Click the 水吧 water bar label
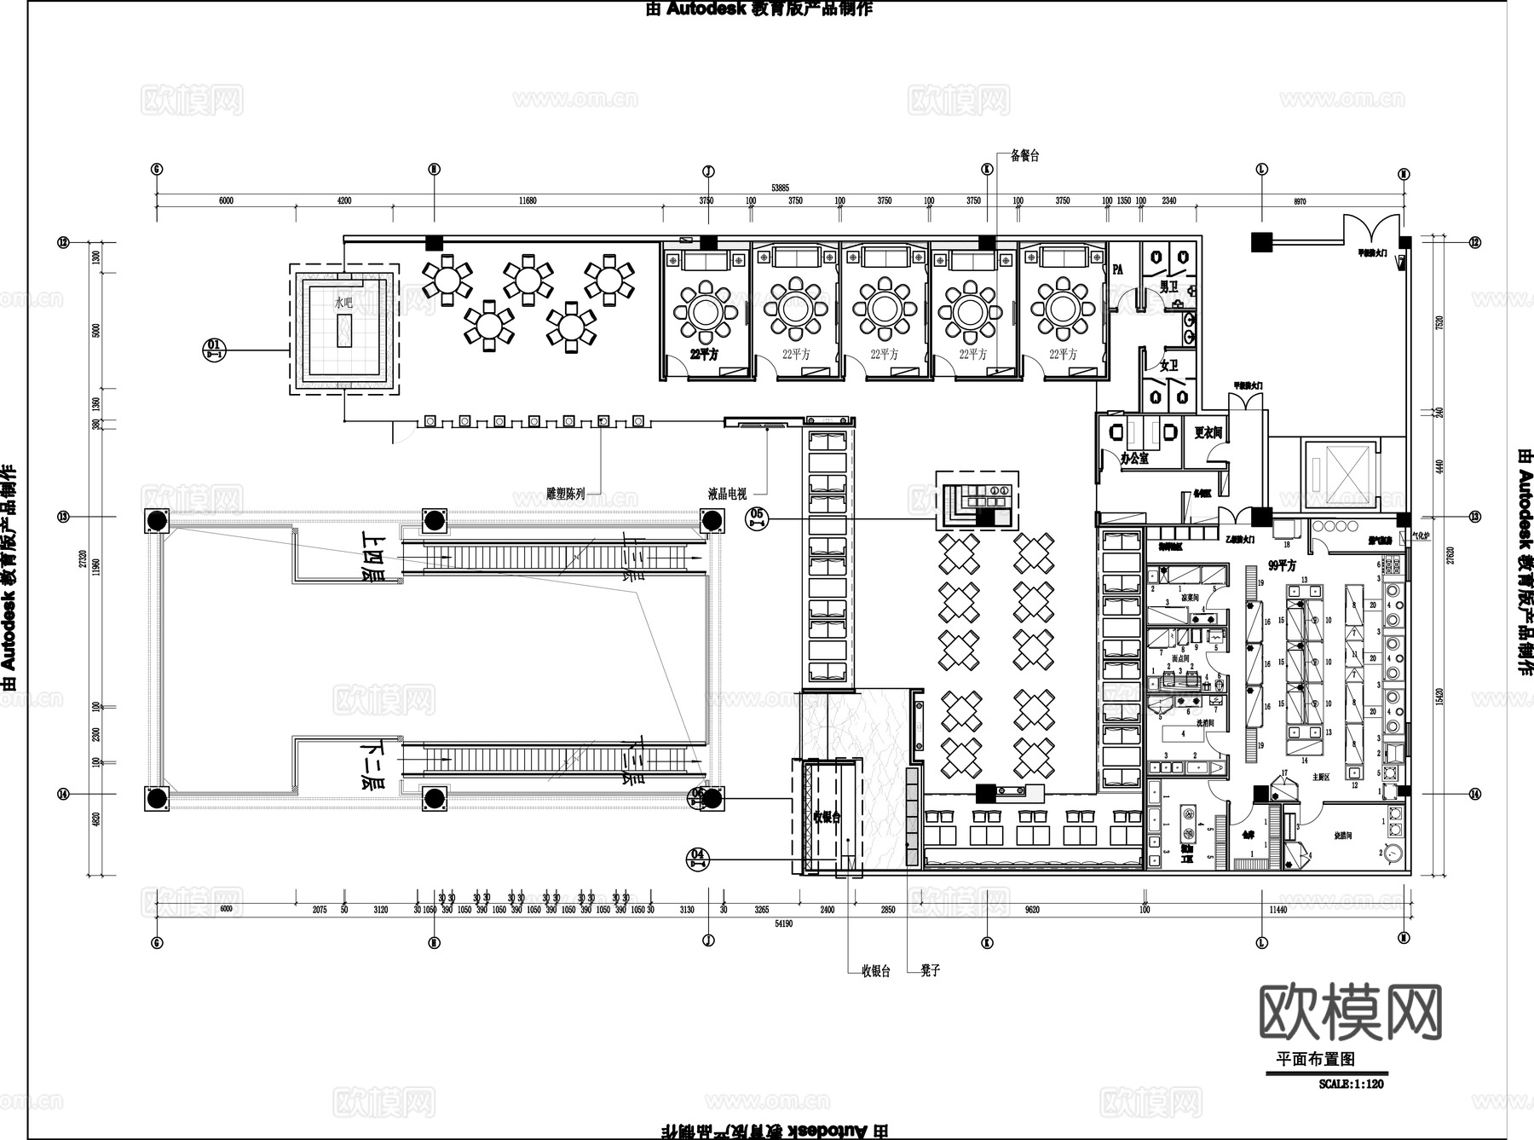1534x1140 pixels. [343, 303]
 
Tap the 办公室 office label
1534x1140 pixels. [1134, 458]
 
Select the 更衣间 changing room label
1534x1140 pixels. [1208, 432]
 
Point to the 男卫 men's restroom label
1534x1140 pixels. [1169, 287]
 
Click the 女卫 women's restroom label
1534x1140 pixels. [1168, 366]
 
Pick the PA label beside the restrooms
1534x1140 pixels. [1117, 269]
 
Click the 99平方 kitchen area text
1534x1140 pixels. [1282, 565]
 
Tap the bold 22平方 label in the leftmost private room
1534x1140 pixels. [705, 354]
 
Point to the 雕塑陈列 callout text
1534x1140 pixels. [565, 494]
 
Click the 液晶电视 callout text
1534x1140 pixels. [727, 494]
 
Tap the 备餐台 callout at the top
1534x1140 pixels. [1024, 156]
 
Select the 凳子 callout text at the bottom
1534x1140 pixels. [930, 970]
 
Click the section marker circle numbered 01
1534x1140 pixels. [214, 348]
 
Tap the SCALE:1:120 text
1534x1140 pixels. [1350, 1085]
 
